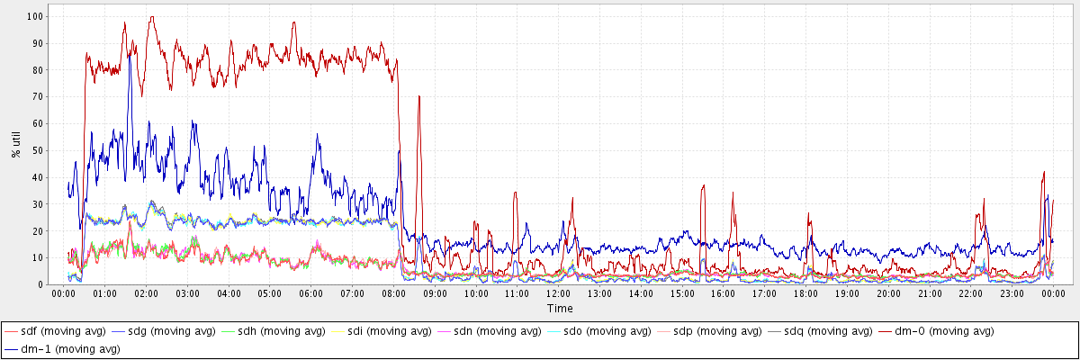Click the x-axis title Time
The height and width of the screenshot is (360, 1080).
pos(559,309)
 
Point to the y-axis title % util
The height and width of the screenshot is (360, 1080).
pos(16,143)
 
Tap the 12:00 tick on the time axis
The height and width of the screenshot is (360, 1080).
pos(559,293)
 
